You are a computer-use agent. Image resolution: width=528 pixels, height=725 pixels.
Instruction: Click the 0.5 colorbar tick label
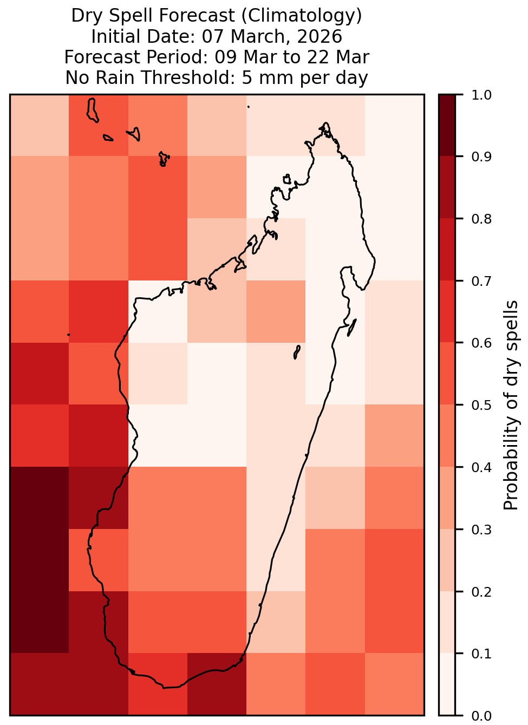[x=481, y=405]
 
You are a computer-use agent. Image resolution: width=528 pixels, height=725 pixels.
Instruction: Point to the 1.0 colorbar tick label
[x=481, y=95]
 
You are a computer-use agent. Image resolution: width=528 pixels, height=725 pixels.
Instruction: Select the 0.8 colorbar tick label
[x=481, y=219]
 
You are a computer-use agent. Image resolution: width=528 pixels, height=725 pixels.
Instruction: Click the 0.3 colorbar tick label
[x=481, y=530]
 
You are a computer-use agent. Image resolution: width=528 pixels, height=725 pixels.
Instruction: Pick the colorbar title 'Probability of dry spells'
[x=511, y=405]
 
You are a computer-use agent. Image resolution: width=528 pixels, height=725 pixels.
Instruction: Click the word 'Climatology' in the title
[x=302, y=16]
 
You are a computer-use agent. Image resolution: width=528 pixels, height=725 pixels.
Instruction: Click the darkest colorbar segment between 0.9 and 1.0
[x=447, y=125]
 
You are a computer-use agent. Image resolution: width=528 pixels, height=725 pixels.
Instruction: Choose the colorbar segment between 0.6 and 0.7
[x=447, y=311]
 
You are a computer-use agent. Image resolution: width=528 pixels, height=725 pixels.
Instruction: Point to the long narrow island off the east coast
[x=352, y=328]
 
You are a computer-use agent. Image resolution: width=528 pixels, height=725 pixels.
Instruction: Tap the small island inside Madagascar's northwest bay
[x=286, y=179]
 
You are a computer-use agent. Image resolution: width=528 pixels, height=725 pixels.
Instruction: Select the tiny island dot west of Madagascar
[x=68, y=335]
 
